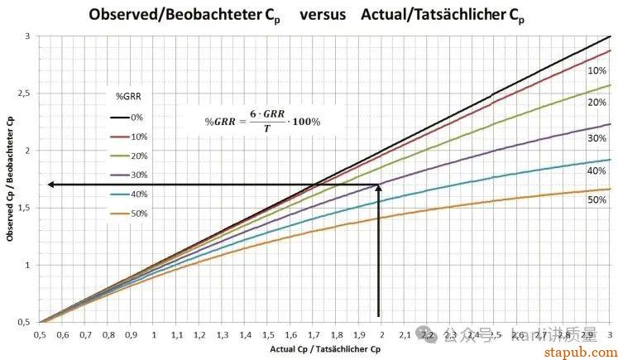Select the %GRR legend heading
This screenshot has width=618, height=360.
[127, 95]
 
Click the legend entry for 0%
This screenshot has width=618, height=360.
[137, 118]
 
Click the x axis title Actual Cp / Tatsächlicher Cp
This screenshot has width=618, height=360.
[326, 350]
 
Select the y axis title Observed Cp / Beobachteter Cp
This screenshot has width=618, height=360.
[10, 179]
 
